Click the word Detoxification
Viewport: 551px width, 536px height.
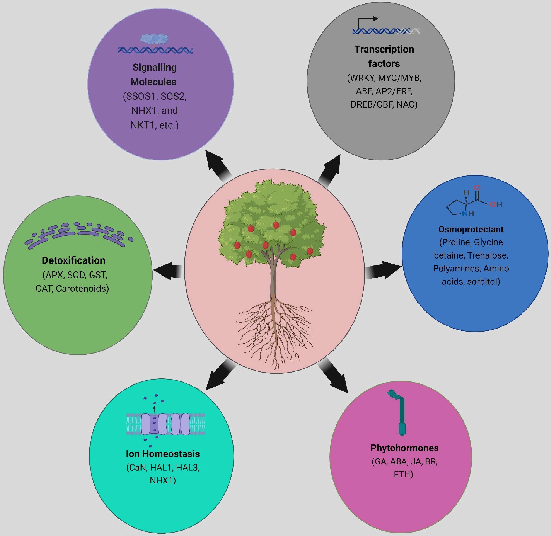[x=73, y=260]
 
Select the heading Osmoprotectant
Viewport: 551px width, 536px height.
[x=471, y=229]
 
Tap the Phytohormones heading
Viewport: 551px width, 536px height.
[x=405, y=448]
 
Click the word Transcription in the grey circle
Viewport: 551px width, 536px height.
[x=384, y=49]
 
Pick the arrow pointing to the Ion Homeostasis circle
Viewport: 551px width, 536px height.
[x=220, y=376]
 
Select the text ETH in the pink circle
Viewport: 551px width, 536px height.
[x=403, y=474]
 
